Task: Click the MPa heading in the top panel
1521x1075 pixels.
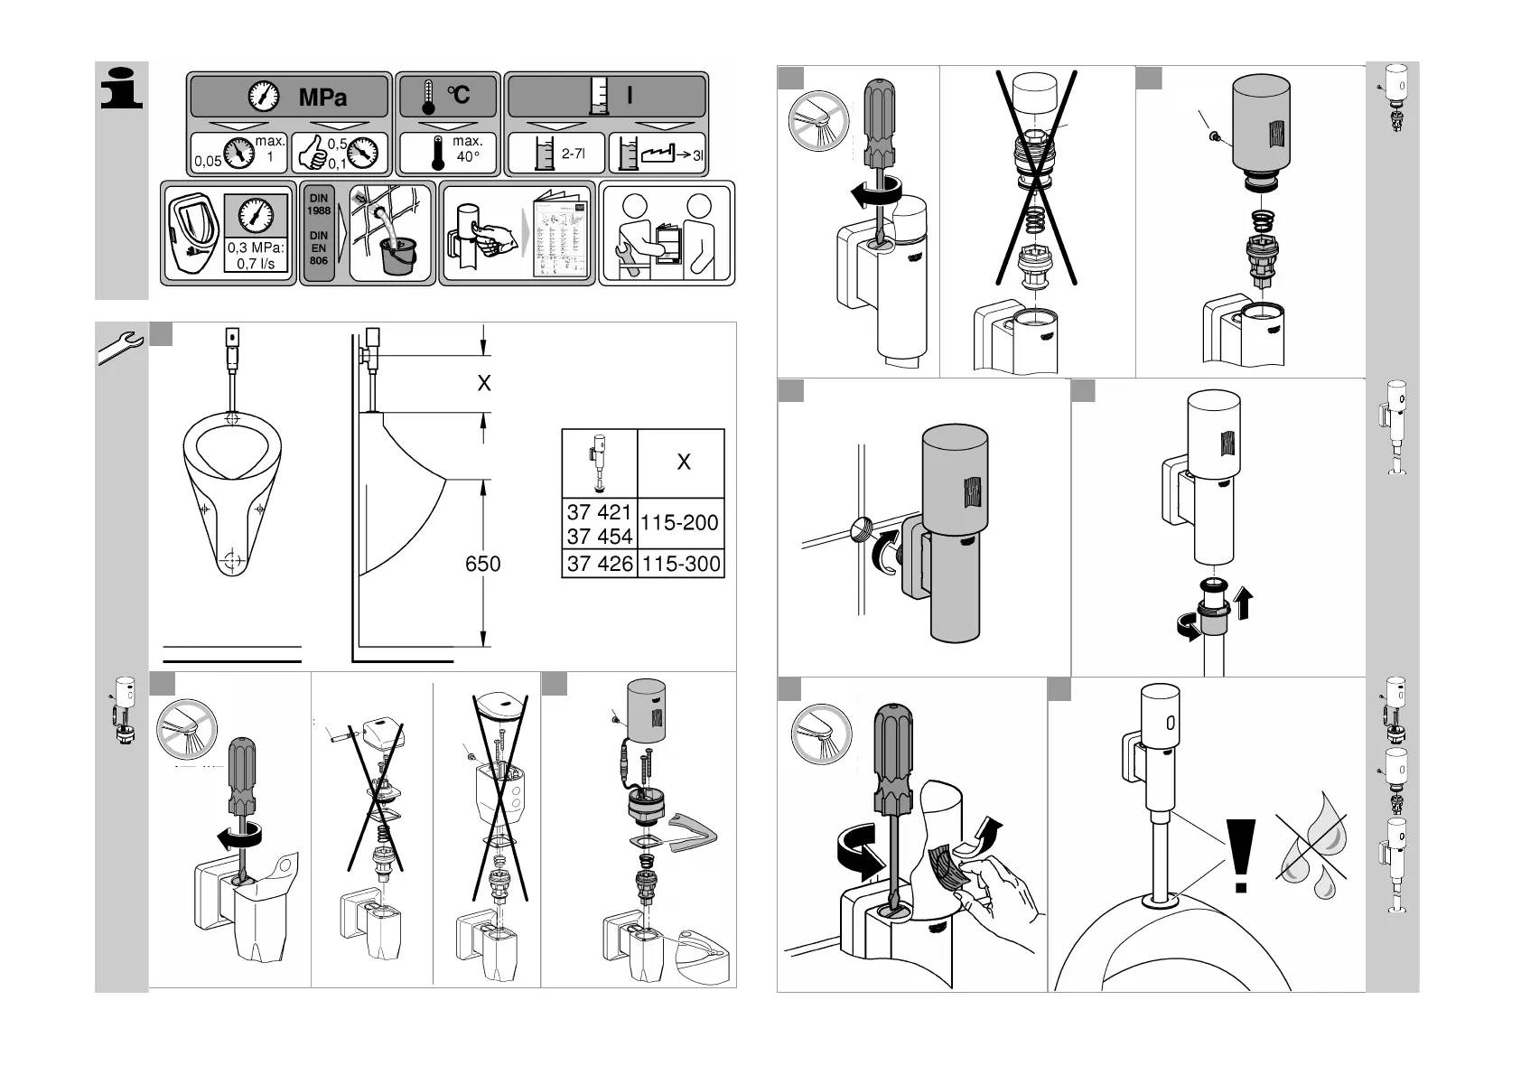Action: (322, 97)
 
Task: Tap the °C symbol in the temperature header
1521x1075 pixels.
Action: (459, 95)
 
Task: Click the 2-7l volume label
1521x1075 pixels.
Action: (573, 154)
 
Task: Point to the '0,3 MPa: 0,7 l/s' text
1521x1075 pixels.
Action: (256, 256)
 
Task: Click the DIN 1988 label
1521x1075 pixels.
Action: (319, 204)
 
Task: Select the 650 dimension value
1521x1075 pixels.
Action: (482, 564)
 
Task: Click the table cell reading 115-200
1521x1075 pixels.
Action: (679, 523)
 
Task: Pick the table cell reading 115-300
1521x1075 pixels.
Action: (680, 565)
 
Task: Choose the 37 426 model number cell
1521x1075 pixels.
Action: (599, 565)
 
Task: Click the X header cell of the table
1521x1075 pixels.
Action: (683, 463)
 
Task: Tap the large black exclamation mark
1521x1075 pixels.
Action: (1241, 854)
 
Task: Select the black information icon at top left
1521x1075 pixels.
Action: (121, 89)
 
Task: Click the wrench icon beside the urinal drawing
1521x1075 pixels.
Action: (121, 348)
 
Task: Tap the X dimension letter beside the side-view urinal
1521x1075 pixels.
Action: (484, 383)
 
